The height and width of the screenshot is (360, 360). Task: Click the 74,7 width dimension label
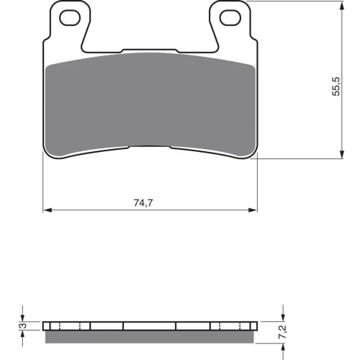tap(143, 203)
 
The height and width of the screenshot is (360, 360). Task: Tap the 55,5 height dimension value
tap(336, 86)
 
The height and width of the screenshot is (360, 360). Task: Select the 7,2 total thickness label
tap(282, 332)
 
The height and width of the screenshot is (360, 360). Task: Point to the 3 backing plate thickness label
tap(23, 325)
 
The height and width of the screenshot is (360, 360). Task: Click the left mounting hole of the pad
tap(70, 18)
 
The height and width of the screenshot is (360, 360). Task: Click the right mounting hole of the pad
tap(230, 18)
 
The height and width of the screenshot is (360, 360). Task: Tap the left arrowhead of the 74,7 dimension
tap(48, 210)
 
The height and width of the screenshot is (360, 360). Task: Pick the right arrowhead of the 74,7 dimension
tap(253, 210)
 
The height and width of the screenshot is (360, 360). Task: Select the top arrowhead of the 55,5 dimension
tap(342, 6)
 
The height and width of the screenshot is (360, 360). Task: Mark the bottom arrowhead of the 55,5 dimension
tap(342, 154)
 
